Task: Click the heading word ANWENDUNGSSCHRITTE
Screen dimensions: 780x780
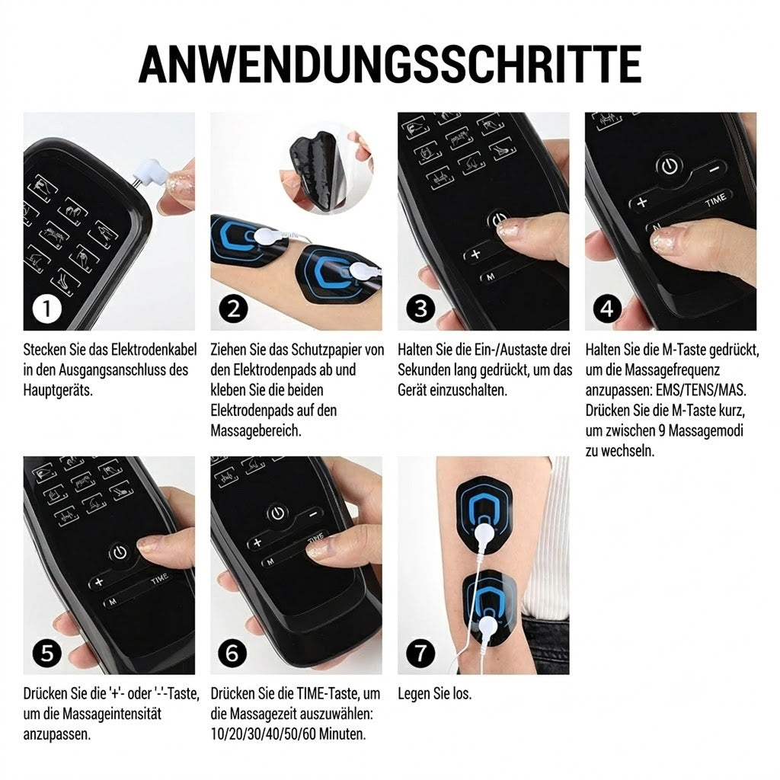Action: pos(390,64)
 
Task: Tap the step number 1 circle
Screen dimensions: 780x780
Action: pos(46,309)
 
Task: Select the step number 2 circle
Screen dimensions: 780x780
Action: pos(233,309)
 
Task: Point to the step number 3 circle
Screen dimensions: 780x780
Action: pos(420,309)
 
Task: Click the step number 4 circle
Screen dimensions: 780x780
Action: pos(607,309)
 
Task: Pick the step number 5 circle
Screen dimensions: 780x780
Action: pos(46,653)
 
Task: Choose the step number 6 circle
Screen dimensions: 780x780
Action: pos(232,653)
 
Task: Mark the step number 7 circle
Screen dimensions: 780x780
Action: pos(420,653)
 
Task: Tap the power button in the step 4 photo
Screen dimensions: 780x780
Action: pos(670,166)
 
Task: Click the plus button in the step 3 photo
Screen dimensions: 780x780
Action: pos(476,254)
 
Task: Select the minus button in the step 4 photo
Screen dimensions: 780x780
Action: pos(714,169)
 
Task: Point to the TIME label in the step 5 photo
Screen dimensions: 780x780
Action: pos(160,579)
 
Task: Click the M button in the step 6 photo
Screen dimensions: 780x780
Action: pos(270,561)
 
